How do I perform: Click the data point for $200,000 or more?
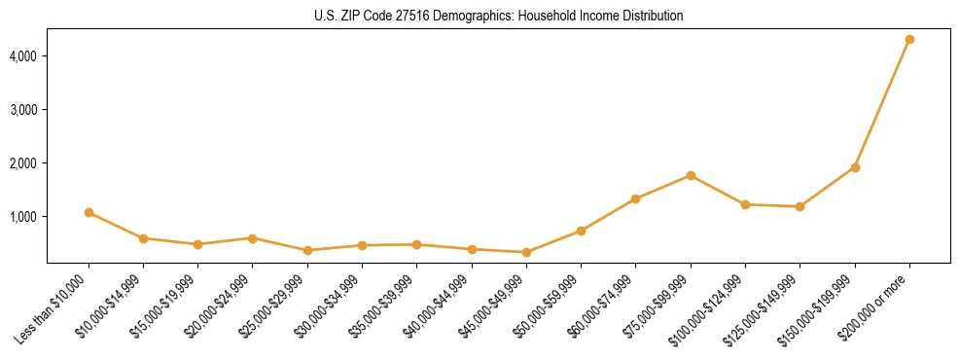click(909, 39)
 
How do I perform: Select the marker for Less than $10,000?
click(89, 212)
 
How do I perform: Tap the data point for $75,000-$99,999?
click(691, 175)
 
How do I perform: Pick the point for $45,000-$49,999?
click(526, 252)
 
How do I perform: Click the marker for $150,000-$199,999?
click(855, 167)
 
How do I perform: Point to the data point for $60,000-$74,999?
click(635, 198)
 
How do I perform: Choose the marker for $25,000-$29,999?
click(307, 250)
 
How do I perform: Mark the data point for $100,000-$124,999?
click(745, 204)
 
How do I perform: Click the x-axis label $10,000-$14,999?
click(112, 306)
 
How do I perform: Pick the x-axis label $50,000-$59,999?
click(550, 306)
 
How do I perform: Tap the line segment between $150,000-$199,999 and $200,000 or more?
click(882, 103)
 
